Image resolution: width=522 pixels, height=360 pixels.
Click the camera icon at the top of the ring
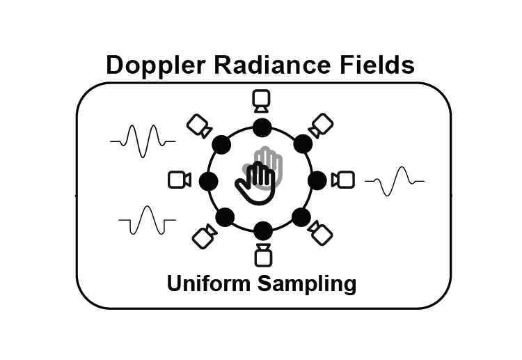[x=262, y=101]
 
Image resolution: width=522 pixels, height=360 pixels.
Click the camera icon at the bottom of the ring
[x=262, y=254]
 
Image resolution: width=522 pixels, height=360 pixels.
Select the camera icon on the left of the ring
[x=180, y=180]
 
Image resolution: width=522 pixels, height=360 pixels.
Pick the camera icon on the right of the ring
[x=343, y=180]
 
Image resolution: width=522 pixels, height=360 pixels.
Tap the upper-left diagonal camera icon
[x=200, y=126]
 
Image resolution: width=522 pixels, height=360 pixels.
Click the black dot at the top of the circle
[x=262, y=128]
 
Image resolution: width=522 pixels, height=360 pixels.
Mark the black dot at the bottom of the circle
[x=262, y=230]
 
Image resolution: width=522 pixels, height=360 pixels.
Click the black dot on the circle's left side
[x=209, y=181]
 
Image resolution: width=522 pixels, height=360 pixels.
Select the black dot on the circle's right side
[x=317, y=180]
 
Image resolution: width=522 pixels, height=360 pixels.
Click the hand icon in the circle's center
[x=260, y=178]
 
